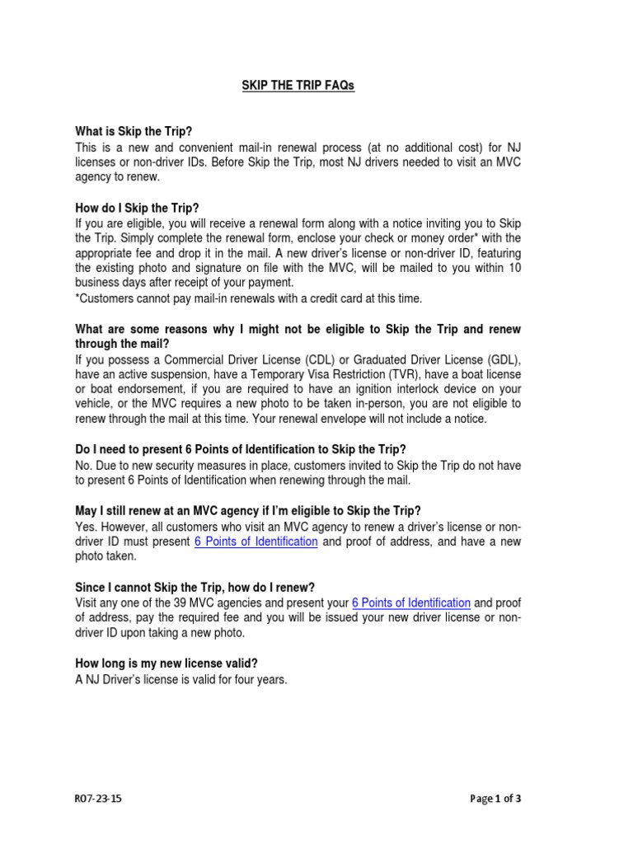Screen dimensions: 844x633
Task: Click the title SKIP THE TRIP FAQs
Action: pyautogui.click(x=298, y=87)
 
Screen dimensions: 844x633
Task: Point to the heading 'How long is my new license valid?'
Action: pyautogui.click(x=172, y=663)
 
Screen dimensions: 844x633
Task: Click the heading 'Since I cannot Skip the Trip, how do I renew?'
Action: pyautogui.click(x=195, y=587)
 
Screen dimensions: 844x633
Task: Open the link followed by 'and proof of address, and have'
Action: pyautogui.click(x=256, y=542)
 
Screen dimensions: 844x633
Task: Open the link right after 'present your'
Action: pyautogui.click(x=410, y=603)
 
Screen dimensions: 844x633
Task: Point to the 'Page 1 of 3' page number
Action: pyautogui.click(x=495, y=799)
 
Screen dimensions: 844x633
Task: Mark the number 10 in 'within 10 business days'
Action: pyautogui.click(x=513, y=269)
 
